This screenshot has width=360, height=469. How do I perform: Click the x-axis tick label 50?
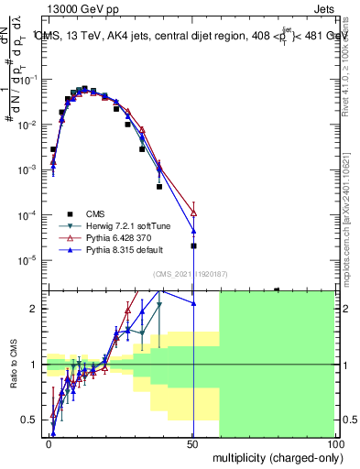tap(192, 442)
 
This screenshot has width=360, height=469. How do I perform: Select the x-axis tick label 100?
tap(333, 442)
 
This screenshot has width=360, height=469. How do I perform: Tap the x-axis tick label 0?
tap(49, 442)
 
